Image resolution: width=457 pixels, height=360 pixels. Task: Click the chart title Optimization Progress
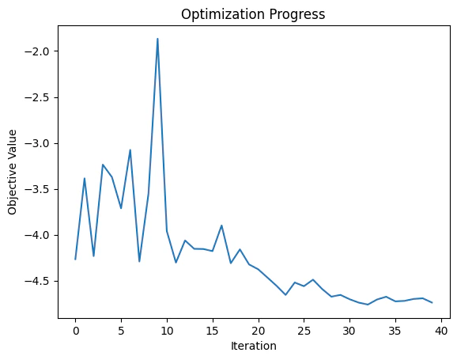point(252,13)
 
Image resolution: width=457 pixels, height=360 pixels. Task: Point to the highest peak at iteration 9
point(157,39)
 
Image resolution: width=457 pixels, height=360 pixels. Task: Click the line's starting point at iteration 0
point(75,259)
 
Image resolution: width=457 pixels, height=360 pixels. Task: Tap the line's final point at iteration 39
point(432,302)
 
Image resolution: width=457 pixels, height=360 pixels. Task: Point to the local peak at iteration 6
point(130,150)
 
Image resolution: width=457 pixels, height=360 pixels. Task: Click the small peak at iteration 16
point(221,225)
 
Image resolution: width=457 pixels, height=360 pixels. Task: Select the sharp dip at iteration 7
point(139,261)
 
